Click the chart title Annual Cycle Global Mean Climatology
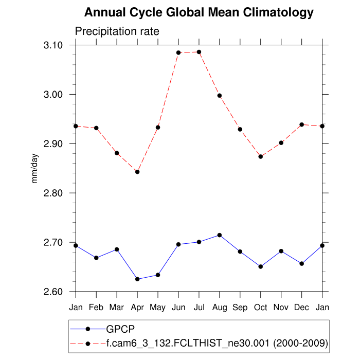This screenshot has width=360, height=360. click(199, 12)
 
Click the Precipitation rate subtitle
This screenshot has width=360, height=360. click(117, 31)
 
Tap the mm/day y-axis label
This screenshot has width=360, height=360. click(35, 169)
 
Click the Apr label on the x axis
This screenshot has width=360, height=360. click(137, 307)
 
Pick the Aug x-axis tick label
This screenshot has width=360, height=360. click(220, 307)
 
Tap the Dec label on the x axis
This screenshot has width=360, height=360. click(301, 307)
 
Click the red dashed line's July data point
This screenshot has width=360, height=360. click(199, 52)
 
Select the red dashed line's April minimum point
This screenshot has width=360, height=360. click(137, 172)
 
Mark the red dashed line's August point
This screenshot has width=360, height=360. click(220, 96)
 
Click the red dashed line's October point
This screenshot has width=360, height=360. click(261, 156)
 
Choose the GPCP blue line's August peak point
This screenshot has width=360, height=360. click(220, 235)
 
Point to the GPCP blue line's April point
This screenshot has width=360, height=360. click(137, 279)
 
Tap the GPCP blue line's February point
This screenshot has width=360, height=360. click(96, 258)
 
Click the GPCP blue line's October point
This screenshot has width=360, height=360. click(261, 266)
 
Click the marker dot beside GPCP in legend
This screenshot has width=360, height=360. click(88, 329)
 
